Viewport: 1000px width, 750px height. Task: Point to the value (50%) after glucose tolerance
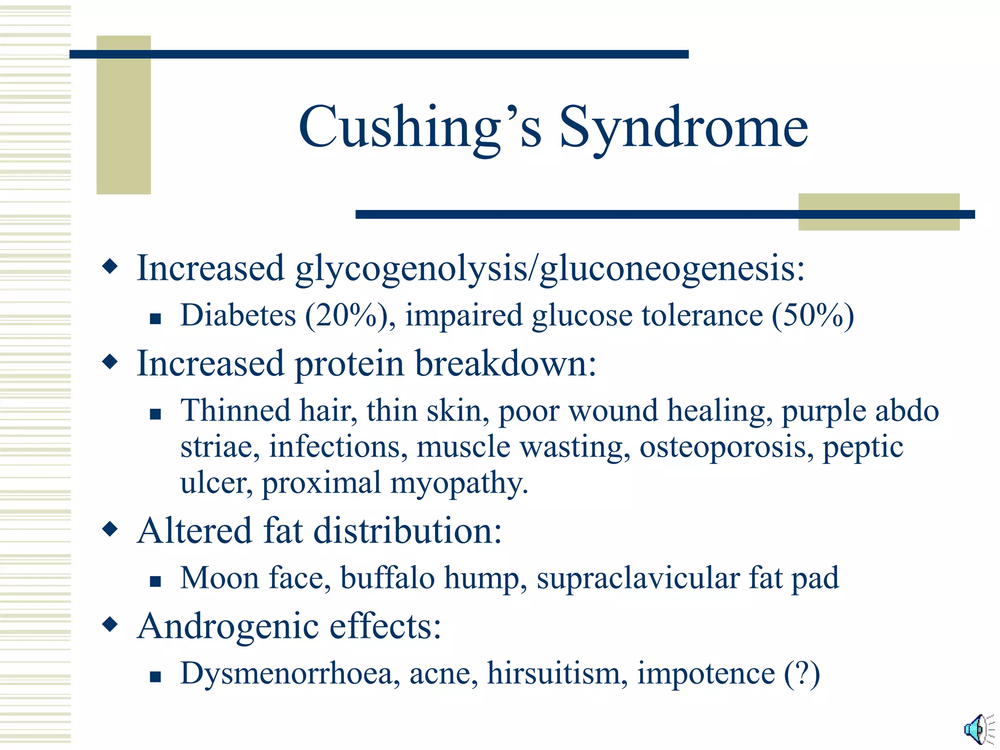click(813, 315)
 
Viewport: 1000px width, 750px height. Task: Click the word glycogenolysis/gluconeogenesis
click(550, 269)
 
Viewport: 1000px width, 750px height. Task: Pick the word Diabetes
click(238, 315)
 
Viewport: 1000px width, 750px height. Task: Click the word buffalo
click(387, 578)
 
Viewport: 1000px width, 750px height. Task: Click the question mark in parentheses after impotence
click(802, 673)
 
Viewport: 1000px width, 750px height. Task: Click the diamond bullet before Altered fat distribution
click(110, 529)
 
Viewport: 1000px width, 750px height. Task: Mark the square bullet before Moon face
click(155, 581)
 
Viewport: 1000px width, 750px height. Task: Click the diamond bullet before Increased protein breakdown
click(110, 362)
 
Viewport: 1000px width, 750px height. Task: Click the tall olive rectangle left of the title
click(124, 115)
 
